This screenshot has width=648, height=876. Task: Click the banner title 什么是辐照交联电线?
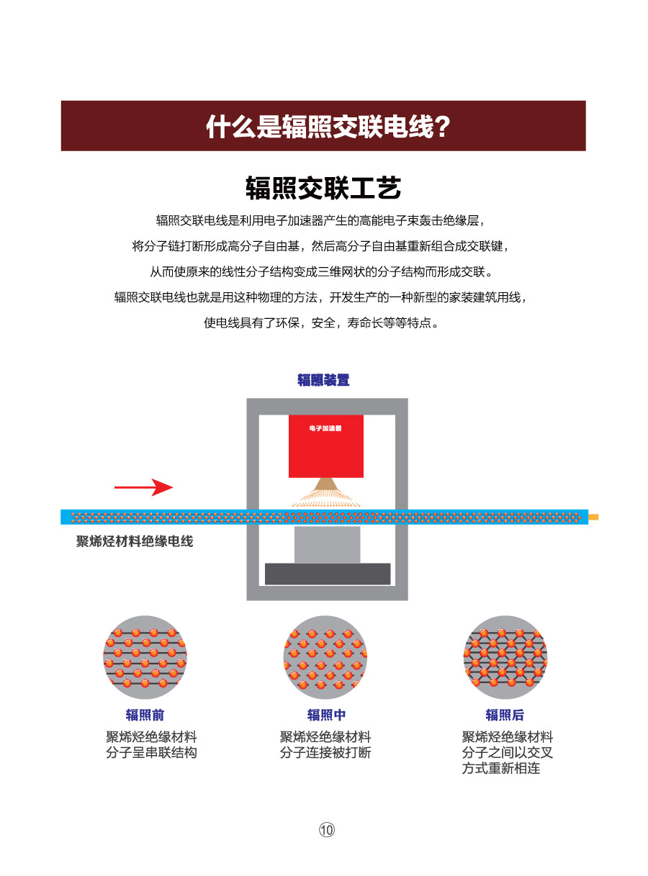click(x=328, y=127)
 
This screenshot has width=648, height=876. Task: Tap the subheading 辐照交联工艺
click(x=323, y=188)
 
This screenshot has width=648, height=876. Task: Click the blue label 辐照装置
click(x=323, y=380)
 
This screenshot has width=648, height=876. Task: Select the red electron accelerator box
click(x=326, y=446)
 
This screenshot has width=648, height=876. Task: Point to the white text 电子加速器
click(x=325, y=428)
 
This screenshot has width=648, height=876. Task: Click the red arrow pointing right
click(x=143, y=487)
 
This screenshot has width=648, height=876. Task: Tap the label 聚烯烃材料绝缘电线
click(x=135, y=541)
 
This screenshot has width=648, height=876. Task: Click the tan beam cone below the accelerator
click(x=326, y=485)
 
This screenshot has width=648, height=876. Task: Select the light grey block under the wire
click(x=327, y=545)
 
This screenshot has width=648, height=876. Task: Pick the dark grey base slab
click(x=328, y=574)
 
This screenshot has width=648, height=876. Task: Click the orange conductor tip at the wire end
click(x=593, y=517)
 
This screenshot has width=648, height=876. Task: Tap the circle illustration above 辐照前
click(x=145, y=657)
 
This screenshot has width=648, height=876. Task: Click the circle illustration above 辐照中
click(x=325, y=657)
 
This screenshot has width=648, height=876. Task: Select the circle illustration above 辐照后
click(x=505, y=657)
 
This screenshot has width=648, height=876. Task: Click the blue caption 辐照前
click(x=145, y=715)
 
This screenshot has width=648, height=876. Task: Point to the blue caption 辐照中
click(x=326, y=715)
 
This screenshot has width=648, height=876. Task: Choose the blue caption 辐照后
click(x=505, y=715)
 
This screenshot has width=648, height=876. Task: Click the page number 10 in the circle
click(x=326, y=830)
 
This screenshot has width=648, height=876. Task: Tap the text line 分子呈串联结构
click(x=151, y=753)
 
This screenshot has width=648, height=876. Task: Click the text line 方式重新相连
click(x=501, y=769)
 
